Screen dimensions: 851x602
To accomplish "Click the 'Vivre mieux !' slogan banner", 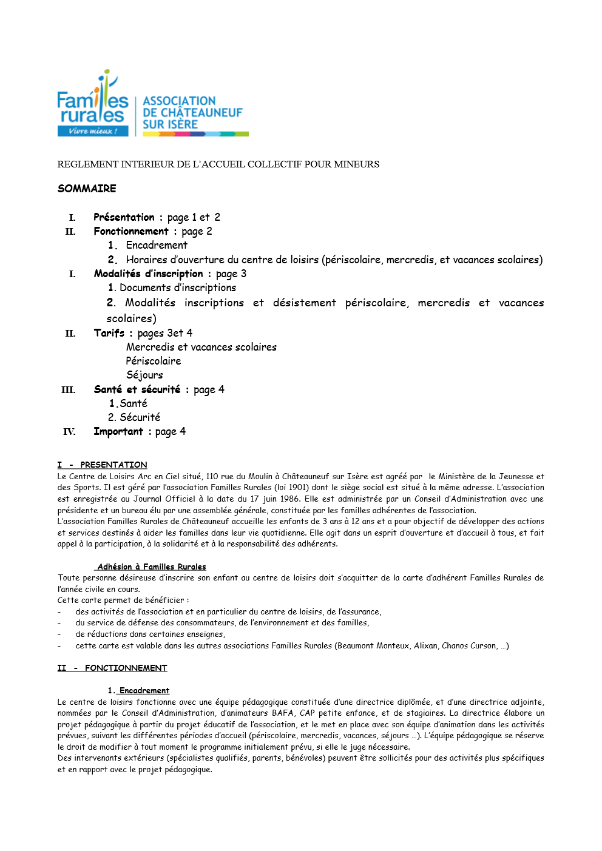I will (x=93, y=131).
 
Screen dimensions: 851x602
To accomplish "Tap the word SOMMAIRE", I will (x=87, y=189).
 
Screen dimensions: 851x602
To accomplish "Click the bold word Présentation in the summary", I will (x=124, y=217).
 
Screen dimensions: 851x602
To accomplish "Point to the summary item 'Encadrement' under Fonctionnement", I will (x=157, y=245).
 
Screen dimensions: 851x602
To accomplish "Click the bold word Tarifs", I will (x=109, y=333).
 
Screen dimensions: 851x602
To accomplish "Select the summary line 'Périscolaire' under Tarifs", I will (x=154, y=361).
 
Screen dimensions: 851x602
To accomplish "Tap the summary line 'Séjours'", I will (x=144, y=375).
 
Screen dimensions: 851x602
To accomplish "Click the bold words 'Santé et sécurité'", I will (x=137, y=389).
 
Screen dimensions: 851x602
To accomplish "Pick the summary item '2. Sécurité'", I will (x=134, y=417).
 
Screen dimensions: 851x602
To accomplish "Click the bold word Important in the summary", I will (x=118, y=431).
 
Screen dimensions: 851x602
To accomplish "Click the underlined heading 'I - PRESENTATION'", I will (x=102, y=465).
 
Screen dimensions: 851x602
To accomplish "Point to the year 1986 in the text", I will (x=289, y=499).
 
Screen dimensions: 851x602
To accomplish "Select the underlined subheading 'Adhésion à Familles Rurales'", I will (x=151, y=567).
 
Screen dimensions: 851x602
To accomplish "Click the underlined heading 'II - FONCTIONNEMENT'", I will (x=112, y=668).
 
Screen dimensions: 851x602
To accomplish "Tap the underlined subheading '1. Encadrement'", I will (x=138, y=690).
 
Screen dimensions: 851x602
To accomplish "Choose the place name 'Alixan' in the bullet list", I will (x=425, y=645).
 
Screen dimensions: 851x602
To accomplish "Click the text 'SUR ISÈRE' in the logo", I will (x=170, y=124).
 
